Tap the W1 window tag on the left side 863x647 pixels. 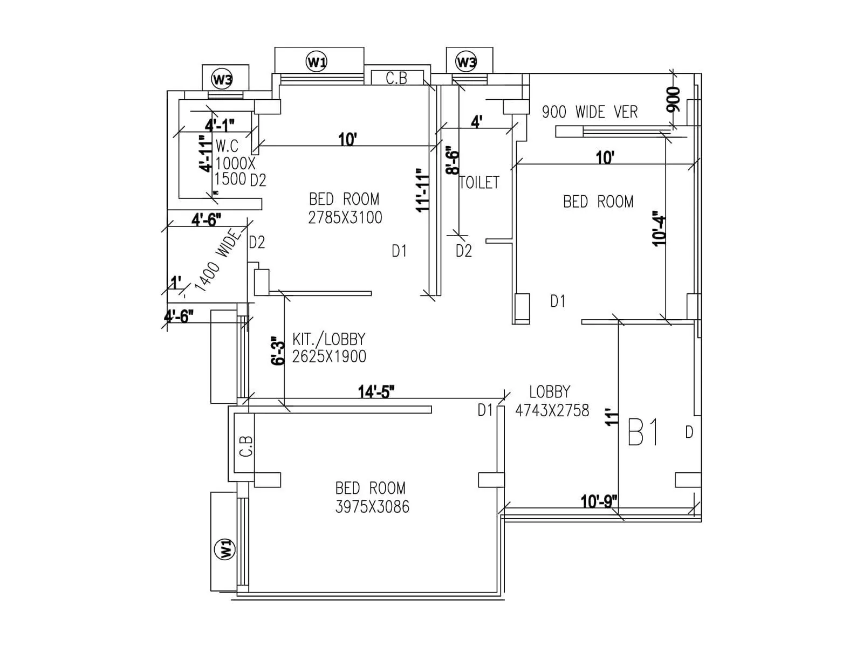224,549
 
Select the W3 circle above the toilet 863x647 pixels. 466,61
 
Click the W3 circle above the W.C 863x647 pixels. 222,80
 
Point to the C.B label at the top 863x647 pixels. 396,78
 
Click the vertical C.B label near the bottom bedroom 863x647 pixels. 246,446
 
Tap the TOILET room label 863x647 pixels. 479,183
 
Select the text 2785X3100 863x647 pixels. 345,218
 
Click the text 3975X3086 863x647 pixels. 372,507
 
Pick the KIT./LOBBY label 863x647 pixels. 329,339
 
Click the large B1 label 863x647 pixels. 644,432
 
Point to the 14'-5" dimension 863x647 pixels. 376,391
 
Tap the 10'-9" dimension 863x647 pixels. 599,502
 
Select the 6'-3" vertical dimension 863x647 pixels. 278,352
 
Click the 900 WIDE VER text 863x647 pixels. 590,112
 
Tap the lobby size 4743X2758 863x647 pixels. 552,411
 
